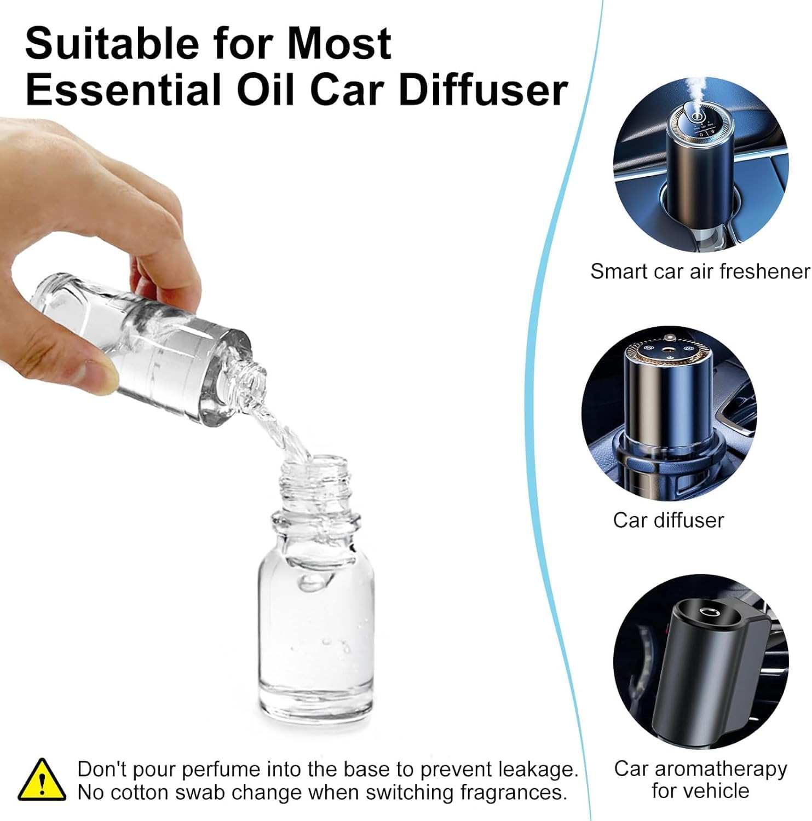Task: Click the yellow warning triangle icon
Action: tap(42, 780)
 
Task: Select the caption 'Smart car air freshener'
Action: tap(700, 271)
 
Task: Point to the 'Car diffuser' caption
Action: tap(668, 520)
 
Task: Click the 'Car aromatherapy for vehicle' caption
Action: tap(700, 779)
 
